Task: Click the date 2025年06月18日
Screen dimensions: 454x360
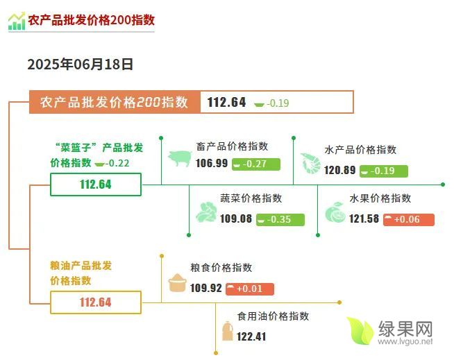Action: (x=81, y=65)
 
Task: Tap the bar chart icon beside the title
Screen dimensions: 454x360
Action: (x=17, y=21)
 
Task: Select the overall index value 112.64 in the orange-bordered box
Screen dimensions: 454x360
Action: (x=226, y=102)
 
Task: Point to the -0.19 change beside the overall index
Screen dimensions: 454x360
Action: (x=271, y=103)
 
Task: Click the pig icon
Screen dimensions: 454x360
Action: (x=180, y=158)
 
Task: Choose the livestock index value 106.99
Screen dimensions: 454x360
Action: (x=212, y=163)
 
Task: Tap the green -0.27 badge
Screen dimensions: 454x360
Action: (x=256, y=164)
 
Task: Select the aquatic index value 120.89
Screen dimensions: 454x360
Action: (x=339, y=170)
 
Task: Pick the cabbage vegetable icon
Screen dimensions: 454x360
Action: (x=206, y=212)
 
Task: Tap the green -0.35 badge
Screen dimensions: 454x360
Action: (x=280, y=219)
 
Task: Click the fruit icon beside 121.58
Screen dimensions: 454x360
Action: (x=335, y=212)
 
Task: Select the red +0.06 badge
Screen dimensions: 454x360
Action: (x=409, y=219)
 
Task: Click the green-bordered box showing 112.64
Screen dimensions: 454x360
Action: (x=96, y=185)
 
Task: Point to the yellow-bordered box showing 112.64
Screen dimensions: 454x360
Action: (x=96, y=302)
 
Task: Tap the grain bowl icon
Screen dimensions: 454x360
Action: (x=177, y=282)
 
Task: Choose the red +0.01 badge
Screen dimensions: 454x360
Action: (x=250, y=289)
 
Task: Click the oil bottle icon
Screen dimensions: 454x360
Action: (x=228, y=331)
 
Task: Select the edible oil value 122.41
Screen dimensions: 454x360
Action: (x=251, y=336)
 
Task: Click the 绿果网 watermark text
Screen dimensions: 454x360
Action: (x=405, y=329)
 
